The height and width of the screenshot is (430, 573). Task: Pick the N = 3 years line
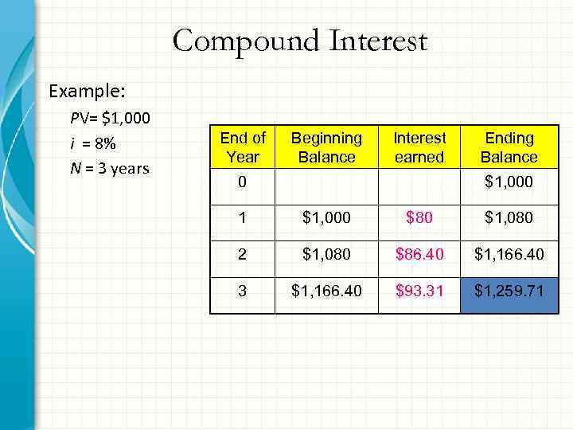[110, 169]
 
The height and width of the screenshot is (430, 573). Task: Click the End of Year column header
[243, 147]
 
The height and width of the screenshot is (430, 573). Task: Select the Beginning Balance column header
[326, 147]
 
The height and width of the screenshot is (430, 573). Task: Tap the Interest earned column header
[419, 147]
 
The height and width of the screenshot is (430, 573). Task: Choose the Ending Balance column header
[509, 147]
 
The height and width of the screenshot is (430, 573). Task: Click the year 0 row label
[243, 182]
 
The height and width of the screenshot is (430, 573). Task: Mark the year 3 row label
[243, 291]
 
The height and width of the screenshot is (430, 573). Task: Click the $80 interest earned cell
[419, 217]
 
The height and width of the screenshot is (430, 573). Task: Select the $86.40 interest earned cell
[419, 255]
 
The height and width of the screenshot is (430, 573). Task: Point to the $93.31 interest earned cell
[419, 291]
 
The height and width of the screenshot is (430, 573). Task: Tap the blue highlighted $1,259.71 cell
[509, 291]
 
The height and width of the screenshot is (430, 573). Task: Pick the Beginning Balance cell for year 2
[326, 255]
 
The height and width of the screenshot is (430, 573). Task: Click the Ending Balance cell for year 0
[509, 182]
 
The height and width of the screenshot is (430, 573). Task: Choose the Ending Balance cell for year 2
[509, 255]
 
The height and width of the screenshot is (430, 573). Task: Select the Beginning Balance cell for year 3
[326, 291]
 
